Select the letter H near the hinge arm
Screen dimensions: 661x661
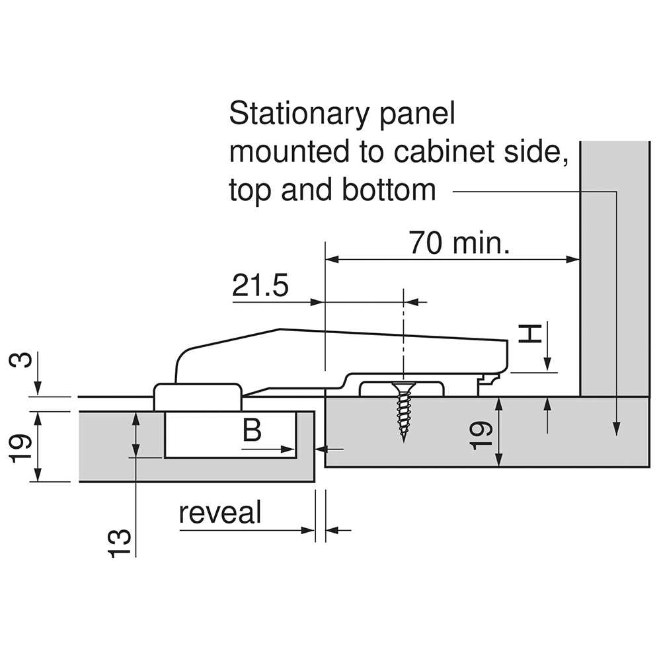click(529, 332)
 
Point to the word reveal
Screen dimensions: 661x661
click(220, 513)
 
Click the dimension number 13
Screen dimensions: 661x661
click(118, 542)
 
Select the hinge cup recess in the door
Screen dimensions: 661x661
click(229, 434)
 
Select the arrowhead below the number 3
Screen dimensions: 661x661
click(38, 389)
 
